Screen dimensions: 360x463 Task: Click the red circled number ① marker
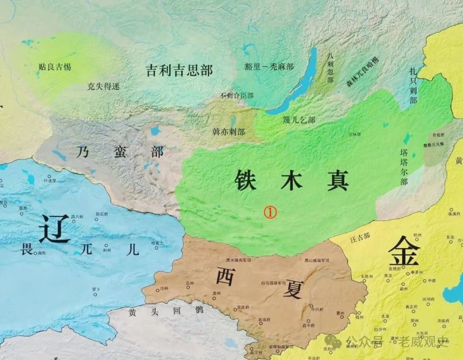tap(270, 212)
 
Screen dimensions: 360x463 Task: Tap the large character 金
tap(404, 252)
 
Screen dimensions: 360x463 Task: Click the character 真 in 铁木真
tap(338, 181)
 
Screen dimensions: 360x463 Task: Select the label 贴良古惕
tap(54, 67)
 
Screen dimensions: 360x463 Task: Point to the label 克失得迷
tap(103, 87)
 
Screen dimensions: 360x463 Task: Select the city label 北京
tap(450, 237)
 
